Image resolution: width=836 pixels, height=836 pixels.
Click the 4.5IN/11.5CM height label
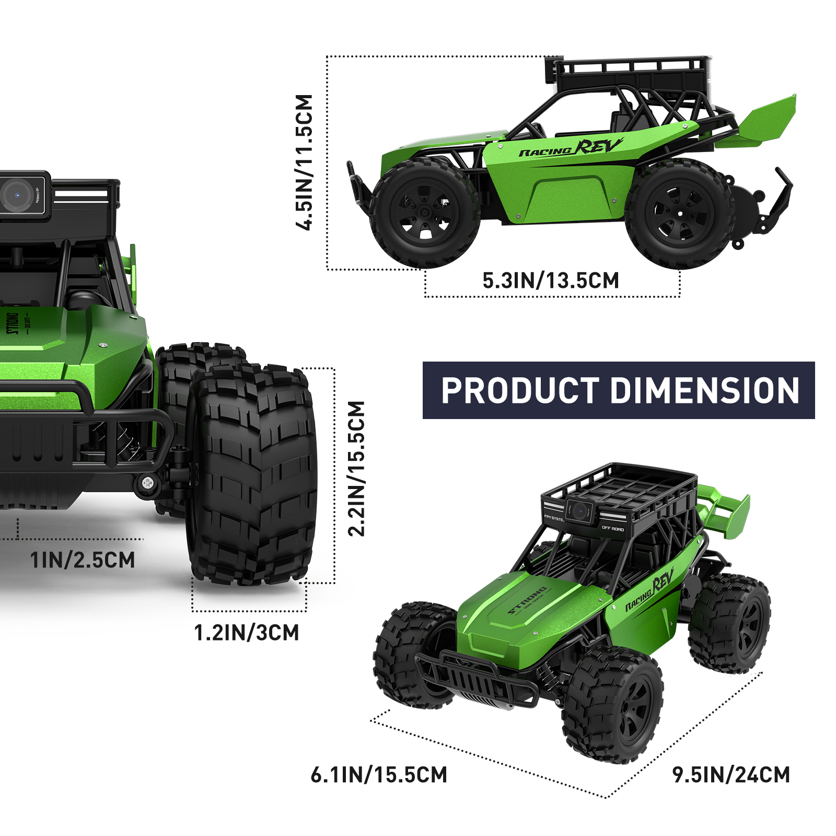click(304, 162)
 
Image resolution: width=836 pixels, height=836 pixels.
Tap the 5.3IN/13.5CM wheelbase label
click(551, 281)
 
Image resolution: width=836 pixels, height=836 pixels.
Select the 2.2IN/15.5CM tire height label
click(356, 469)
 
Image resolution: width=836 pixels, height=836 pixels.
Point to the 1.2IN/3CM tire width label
click(247, 633)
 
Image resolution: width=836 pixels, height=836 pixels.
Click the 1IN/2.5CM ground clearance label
click(83, 560)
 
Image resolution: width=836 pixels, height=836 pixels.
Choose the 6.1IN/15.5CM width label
click(379, 775)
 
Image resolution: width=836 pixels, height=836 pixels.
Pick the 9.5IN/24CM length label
click(731, 775)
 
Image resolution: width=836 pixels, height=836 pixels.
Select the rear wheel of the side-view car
click(679, 214)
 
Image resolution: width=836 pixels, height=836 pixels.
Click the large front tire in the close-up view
click(253, 473)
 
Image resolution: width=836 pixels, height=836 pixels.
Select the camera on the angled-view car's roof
click(578, 510)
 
